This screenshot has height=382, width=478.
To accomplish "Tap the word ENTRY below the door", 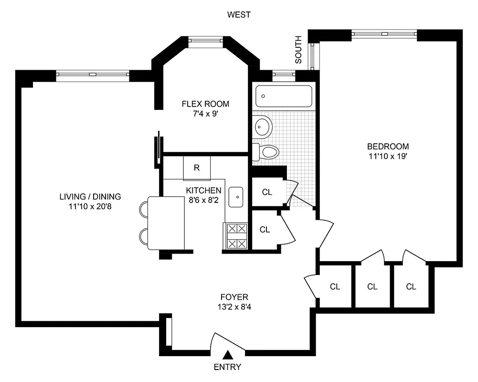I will click(227, 367).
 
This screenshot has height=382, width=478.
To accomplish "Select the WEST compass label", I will click(239, 15).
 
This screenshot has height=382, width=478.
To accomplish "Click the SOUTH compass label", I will click(298, 50).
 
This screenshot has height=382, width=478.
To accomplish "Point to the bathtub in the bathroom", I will click(284, 96).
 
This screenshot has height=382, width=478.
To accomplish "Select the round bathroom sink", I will click(263, 127).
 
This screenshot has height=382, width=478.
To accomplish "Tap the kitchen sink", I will click(236, 197).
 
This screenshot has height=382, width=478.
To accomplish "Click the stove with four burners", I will click(236, 236).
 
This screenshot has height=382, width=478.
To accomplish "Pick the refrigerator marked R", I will click(196, 168).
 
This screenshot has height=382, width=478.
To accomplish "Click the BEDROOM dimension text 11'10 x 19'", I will click(388, 156).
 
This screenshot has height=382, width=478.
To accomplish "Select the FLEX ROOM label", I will click(205, 104).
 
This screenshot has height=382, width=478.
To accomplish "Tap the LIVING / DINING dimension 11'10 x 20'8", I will click(90, 207).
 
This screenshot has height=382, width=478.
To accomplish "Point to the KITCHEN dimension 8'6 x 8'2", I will click(203, 201).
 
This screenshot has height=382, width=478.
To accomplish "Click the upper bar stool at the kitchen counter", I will click(144, 209).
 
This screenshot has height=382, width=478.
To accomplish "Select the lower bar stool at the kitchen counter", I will click(144, 236).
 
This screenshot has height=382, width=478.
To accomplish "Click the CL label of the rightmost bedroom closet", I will click(411, 286).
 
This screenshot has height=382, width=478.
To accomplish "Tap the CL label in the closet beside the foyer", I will click(335, 286).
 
